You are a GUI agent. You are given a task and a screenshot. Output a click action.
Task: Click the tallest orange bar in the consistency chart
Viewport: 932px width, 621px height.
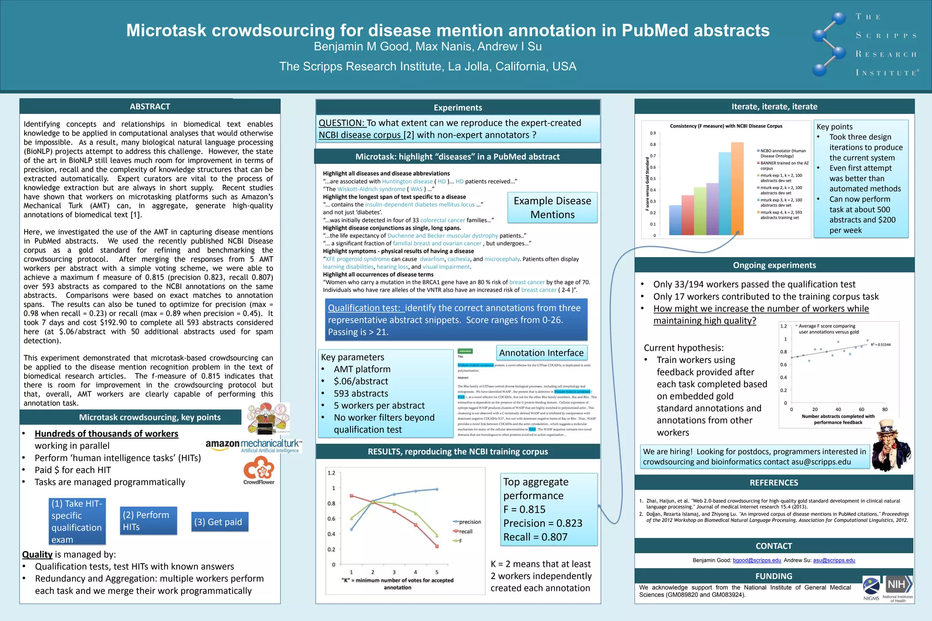[x=737, y=188]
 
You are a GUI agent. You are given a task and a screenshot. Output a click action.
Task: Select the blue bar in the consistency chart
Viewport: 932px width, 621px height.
[x=675, y=220]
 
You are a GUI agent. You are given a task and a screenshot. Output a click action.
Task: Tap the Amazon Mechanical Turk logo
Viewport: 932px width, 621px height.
[x=253, y=445]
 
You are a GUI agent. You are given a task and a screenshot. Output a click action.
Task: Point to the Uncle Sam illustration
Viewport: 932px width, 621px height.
[x=891, y=446]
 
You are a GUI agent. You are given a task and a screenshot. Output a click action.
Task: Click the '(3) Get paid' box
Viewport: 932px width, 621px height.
[x=219, y=522]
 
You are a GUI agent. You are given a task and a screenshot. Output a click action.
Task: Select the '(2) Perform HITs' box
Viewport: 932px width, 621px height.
[x=147, y=521]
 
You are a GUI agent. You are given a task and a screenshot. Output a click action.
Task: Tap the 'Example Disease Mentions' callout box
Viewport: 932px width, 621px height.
[x=552, y=207]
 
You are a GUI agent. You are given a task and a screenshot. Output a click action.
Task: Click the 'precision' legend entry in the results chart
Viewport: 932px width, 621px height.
[x=469, y=522]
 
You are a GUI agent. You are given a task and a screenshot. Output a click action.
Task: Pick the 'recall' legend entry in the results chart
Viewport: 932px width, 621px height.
[x=465, y=531]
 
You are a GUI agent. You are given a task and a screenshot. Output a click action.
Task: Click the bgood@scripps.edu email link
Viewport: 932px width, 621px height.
[x=757, y=560]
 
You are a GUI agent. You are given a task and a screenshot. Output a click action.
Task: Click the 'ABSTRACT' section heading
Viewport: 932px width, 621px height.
[x=150, y=106]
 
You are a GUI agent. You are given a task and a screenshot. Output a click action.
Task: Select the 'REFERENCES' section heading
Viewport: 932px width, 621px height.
[x=774, y=483]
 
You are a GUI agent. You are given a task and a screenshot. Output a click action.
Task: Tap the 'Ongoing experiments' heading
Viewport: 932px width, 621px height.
[x=774, y=265]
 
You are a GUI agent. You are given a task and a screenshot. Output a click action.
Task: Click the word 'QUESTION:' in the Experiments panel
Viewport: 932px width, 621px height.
[x=341, y=123]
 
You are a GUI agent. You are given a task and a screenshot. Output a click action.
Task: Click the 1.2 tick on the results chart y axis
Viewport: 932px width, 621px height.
[x=331, y=473]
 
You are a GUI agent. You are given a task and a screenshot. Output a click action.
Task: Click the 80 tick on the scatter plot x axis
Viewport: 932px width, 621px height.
[x=885, y=409]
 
